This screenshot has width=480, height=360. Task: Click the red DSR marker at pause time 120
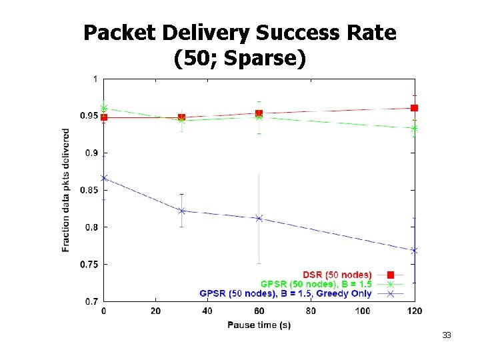(414, 108)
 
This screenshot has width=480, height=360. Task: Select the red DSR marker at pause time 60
(259, 113)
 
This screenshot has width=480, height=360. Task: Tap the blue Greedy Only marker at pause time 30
(181, 211)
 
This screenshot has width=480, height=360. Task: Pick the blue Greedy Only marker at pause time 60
(259, 218)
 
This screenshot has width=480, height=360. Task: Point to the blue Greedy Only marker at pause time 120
(414, 251)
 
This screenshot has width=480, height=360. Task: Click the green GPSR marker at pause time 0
(104, 108)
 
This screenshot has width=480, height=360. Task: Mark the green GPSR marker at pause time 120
(414, 129)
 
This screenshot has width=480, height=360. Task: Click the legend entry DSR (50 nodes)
(337, 275)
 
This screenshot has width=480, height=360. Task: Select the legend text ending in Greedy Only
(285, 293)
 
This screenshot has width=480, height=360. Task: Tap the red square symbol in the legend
(390, 275)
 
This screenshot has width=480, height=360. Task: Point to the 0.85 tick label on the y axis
(89, 190)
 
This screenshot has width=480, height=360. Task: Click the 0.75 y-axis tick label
(89, 265)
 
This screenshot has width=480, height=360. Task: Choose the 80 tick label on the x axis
(311, 311)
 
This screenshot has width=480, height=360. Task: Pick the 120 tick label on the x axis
(415, 311)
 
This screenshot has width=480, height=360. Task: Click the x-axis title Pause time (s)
(259, 325)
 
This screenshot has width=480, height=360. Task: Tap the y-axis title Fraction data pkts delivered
(65, 190)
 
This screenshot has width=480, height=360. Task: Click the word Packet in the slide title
(120, 33)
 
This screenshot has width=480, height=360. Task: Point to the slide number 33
(446, 335)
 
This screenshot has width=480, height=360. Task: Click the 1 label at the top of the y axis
(95, 79)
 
